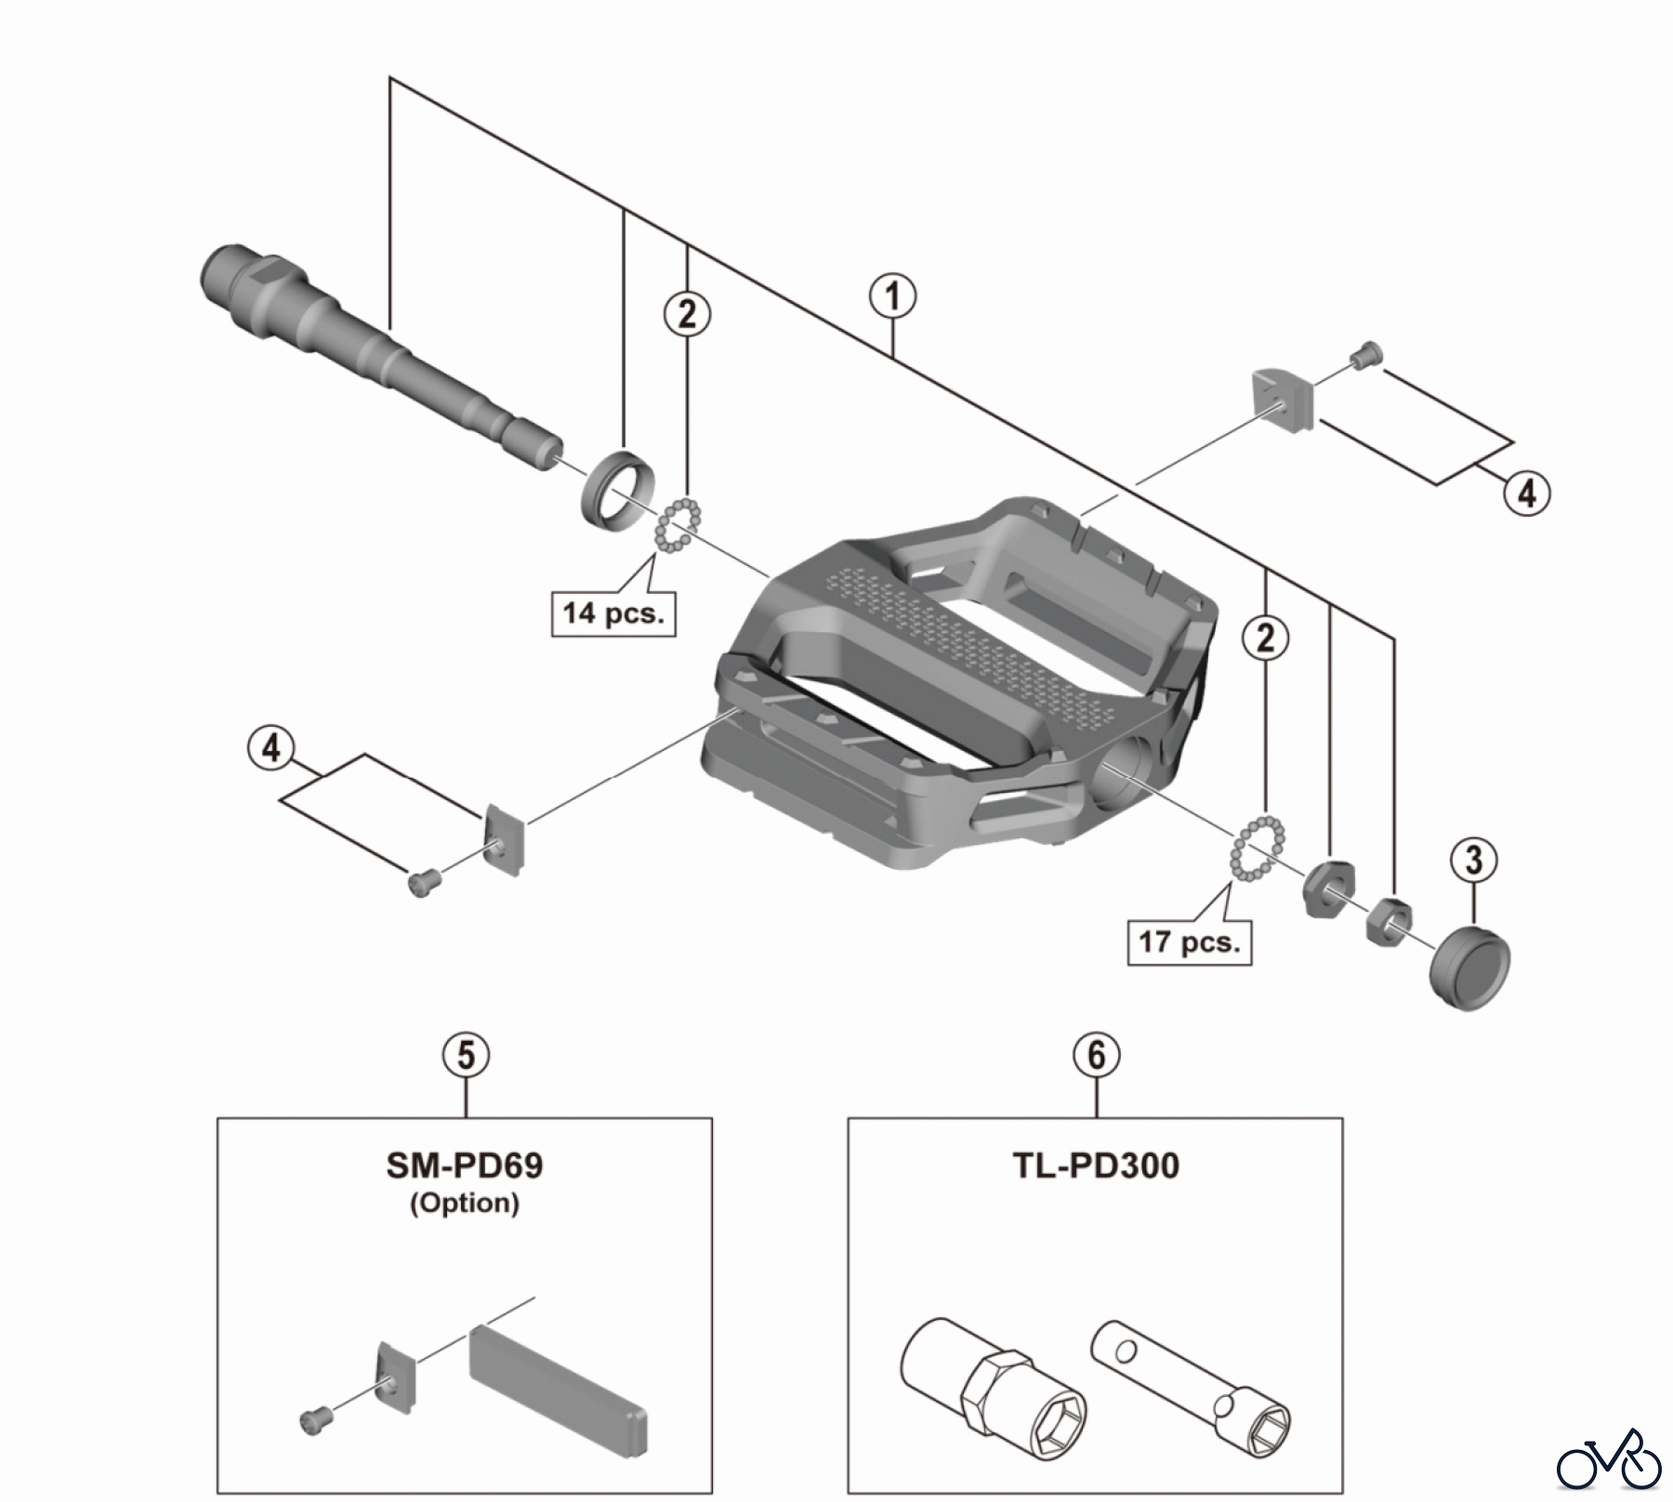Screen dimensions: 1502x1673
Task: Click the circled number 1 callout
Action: (x=892, y=296)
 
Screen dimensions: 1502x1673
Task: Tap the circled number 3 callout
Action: (x=1474, y=860)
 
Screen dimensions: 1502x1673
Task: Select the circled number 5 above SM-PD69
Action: (x=466, y=1055)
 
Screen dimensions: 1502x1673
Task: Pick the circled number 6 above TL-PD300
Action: (x=1097, y=1055)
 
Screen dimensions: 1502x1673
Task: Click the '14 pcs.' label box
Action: (x=613, y=613)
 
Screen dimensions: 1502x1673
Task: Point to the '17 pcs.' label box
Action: (x=1189, y=942)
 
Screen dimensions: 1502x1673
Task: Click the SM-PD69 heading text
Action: (x=465, y=1166)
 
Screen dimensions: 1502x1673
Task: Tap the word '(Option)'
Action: (x=465, y=1203)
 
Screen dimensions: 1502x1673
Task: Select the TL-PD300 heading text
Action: (x=1096, y=1166)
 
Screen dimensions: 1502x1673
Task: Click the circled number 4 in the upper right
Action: (x=1527, y=493)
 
